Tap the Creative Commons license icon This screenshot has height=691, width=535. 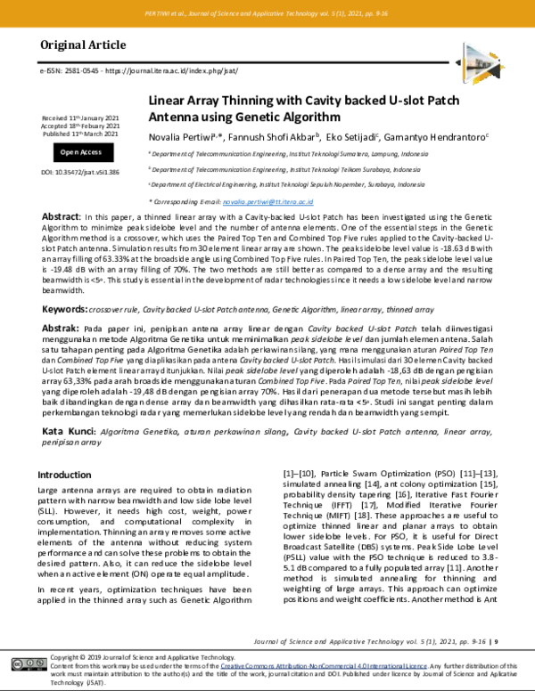pos(24,664)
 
